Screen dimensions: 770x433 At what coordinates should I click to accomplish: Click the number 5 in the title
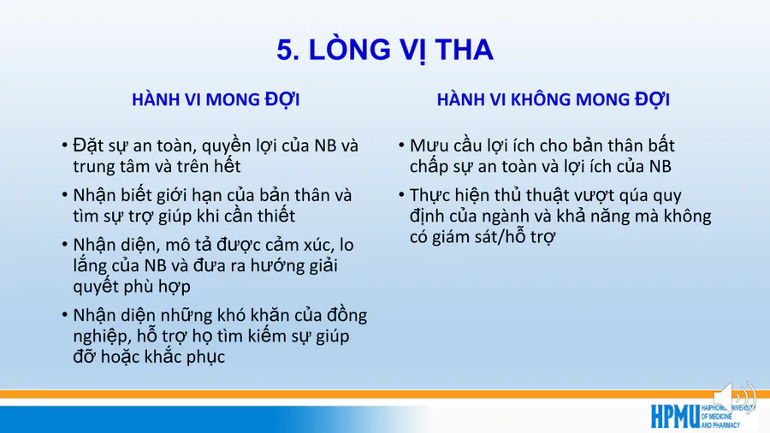click(x=285, y=50)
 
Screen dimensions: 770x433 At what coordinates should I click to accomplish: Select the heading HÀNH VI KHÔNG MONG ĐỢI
click(x=554, y=99)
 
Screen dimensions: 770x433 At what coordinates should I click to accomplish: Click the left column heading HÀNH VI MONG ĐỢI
click(x=216, y=99)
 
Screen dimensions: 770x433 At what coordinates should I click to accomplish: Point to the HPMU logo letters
click(x=675, y=417)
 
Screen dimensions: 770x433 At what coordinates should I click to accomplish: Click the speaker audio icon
click(x=734, y=398)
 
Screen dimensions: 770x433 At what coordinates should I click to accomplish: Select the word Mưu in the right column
click(x=427, y=145)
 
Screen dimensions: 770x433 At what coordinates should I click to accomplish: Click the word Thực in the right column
click(x=429, y=195)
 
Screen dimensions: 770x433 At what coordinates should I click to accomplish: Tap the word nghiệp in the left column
click(x=101, y=337)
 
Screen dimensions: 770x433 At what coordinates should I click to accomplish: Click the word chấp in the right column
click(x=431, y=166)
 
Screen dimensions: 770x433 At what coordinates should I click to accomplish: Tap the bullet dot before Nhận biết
click(x=65, y=195)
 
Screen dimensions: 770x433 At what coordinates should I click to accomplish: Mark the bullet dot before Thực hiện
click(x=401, y=195)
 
